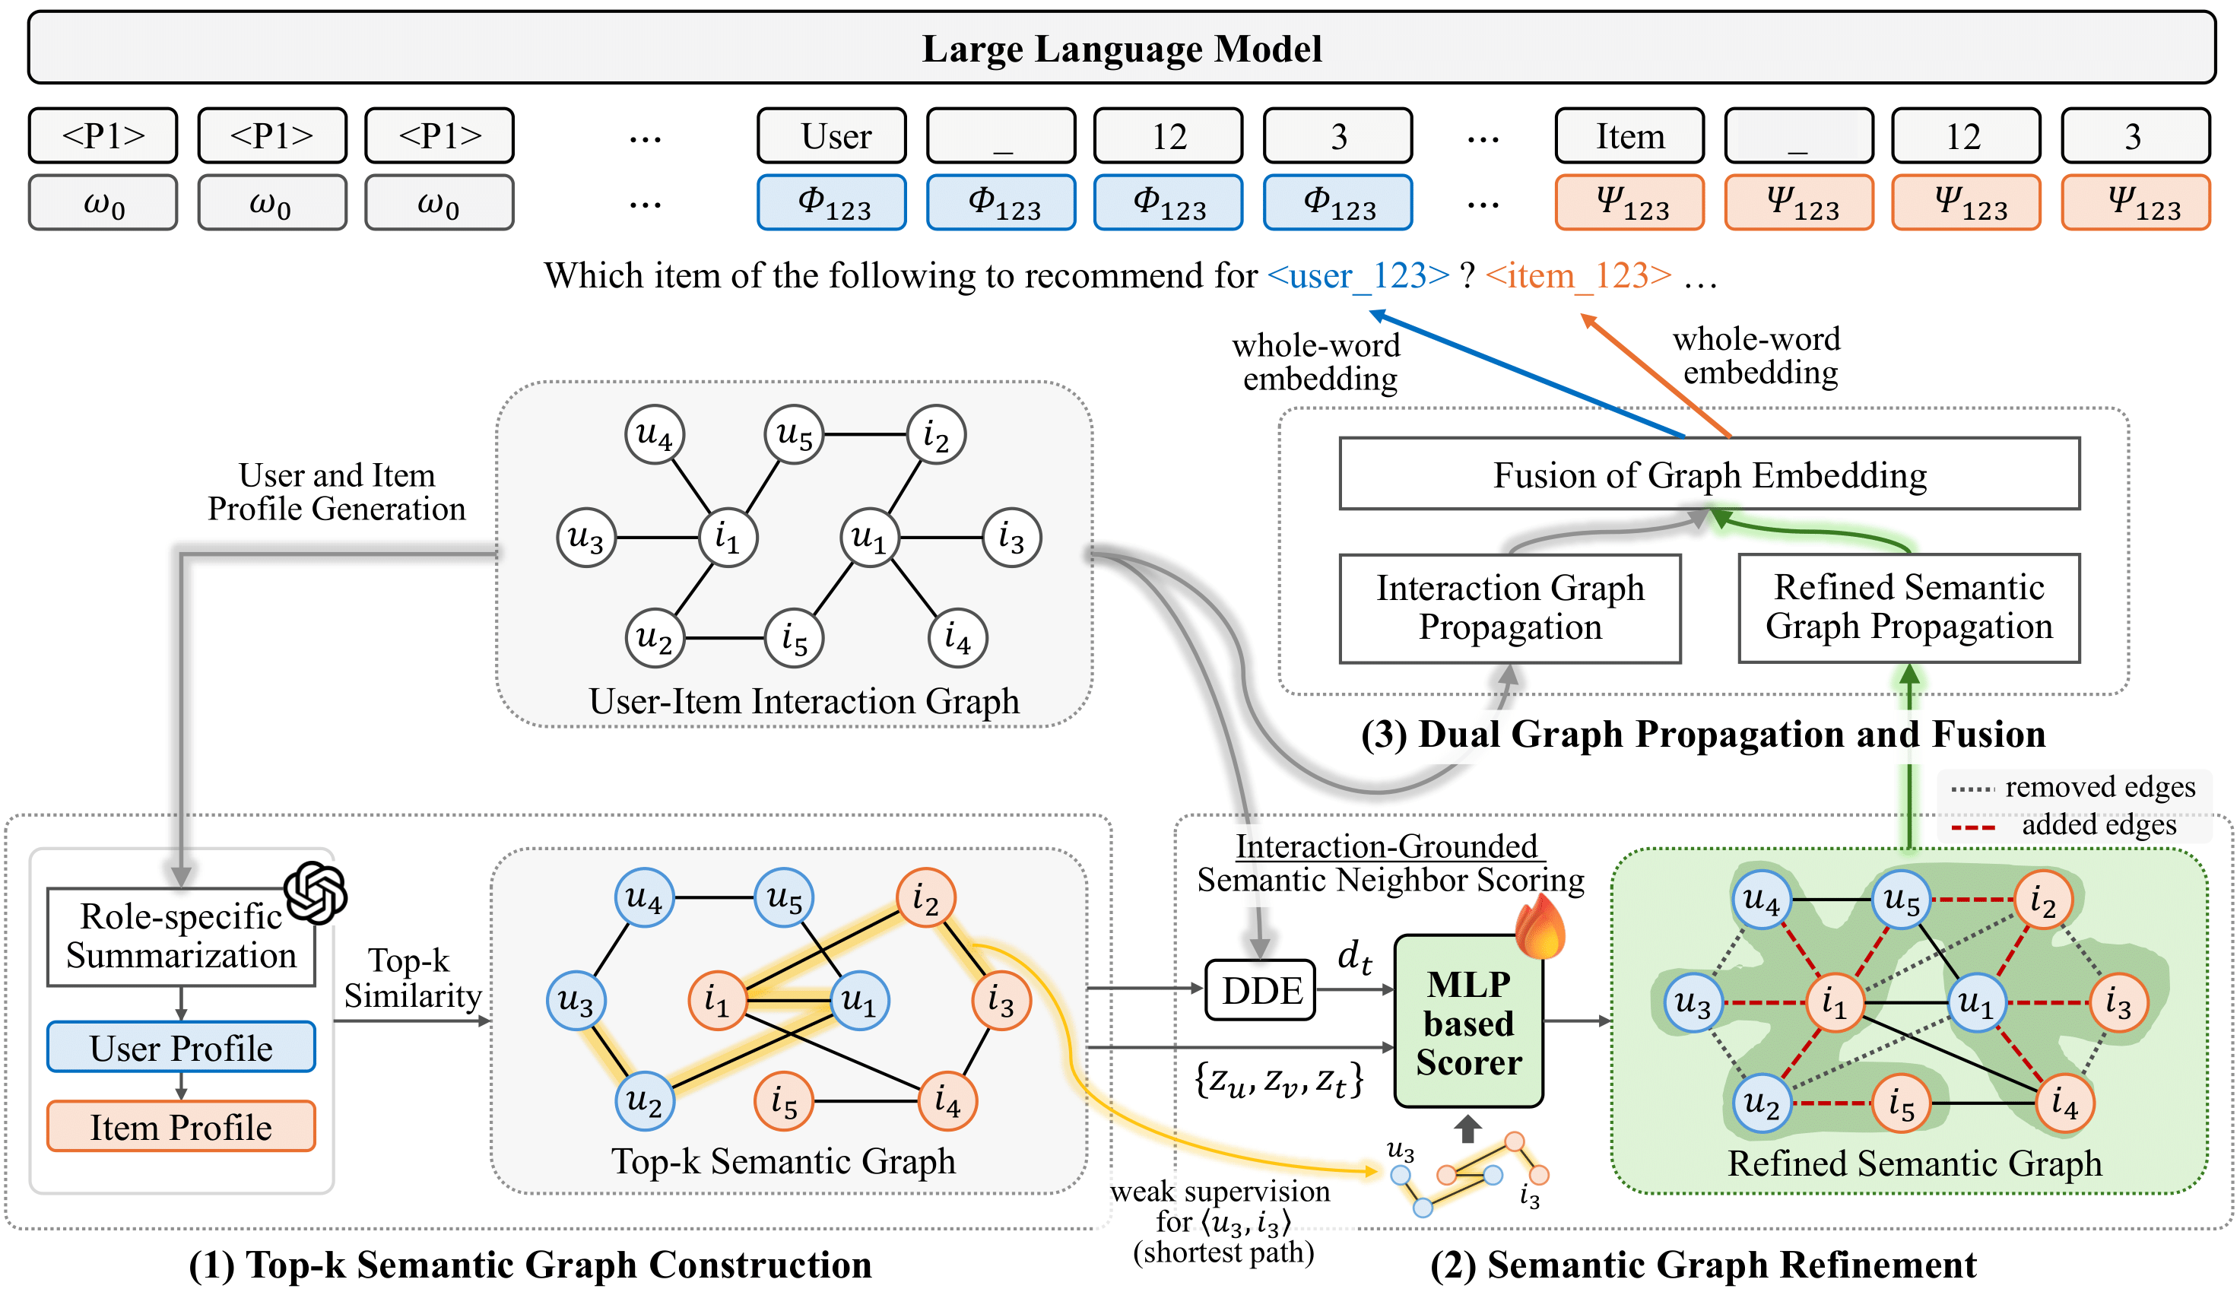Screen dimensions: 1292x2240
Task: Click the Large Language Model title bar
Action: point(1121,48)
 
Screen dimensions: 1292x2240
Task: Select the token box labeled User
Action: point(831,136)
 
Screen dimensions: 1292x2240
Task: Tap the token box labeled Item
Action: point(1629,136)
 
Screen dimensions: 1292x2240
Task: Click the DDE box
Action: point(1260,989)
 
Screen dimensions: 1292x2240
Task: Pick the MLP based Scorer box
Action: point(1467,1022)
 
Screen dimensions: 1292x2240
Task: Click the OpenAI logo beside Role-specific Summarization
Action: point(315,892)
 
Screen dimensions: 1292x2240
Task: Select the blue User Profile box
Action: point(181,1047)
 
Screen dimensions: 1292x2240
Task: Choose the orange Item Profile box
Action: point(181,1126)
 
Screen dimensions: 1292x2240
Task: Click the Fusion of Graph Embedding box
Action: point(1709,474)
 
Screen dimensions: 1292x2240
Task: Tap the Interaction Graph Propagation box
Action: point(1509,608)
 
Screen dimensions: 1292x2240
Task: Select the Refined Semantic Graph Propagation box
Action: point(1908,608)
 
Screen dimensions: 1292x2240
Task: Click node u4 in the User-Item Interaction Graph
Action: point(655,435)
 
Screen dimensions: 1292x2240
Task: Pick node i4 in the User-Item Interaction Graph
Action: point(957,637)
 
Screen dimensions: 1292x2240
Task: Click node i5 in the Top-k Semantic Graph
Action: point(783,1102)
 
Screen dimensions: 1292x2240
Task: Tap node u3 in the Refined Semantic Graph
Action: point(1693,1004)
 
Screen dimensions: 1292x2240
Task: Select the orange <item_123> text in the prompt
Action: point(1578,276)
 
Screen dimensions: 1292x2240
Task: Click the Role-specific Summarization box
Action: point(181,936)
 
